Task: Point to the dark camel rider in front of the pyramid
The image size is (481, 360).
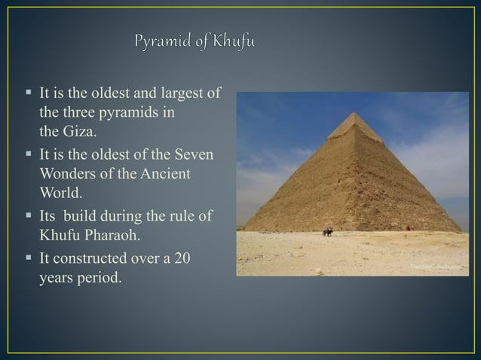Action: click(x=328, y=230)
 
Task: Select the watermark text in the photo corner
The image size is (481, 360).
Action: click(x=434, y=267)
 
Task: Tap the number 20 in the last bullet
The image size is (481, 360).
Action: click(x=182, y=259)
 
